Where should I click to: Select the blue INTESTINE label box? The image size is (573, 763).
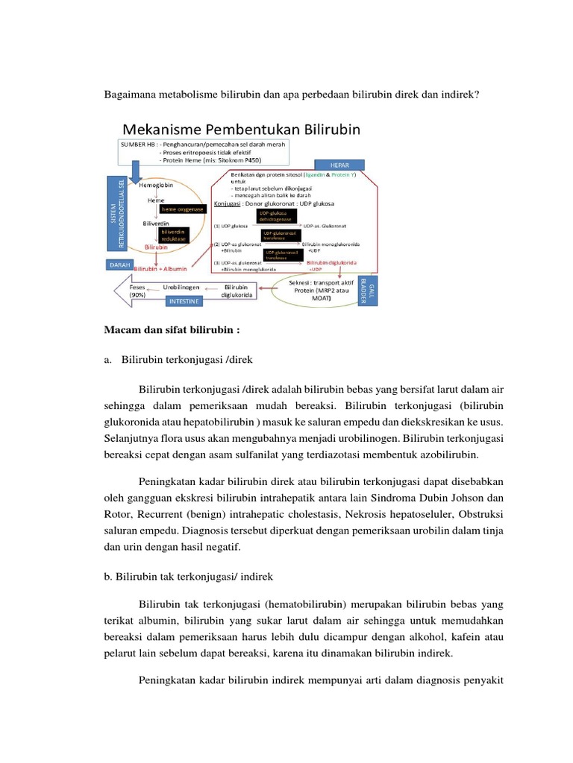pos(184,303)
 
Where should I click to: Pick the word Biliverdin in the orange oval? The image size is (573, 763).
pos(156,223)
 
